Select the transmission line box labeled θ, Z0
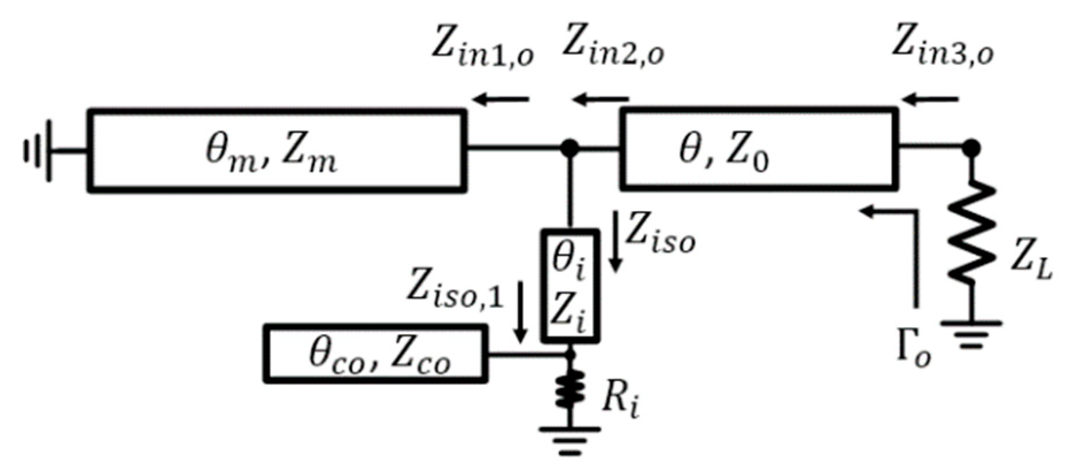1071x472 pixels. click(x=757, y=149)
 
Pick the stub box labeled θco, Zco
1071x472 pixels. click(x=376, y=354)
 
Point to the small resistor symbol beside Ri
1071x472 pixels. click(x=570, y=390)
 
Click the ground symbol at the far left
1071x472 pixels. click(x=38, y=151)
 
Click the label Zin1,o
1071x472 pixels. click(x=482, y=49)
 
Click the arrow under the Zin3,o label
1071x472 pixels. click(x=930, y=100)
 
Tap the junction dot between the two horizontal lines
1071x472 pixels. click(x=569, y=148)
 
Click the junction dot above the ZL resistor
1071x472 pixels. click(x=971, y=148)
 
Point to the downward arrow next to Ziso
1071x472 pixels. click(x=616, y=241)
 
